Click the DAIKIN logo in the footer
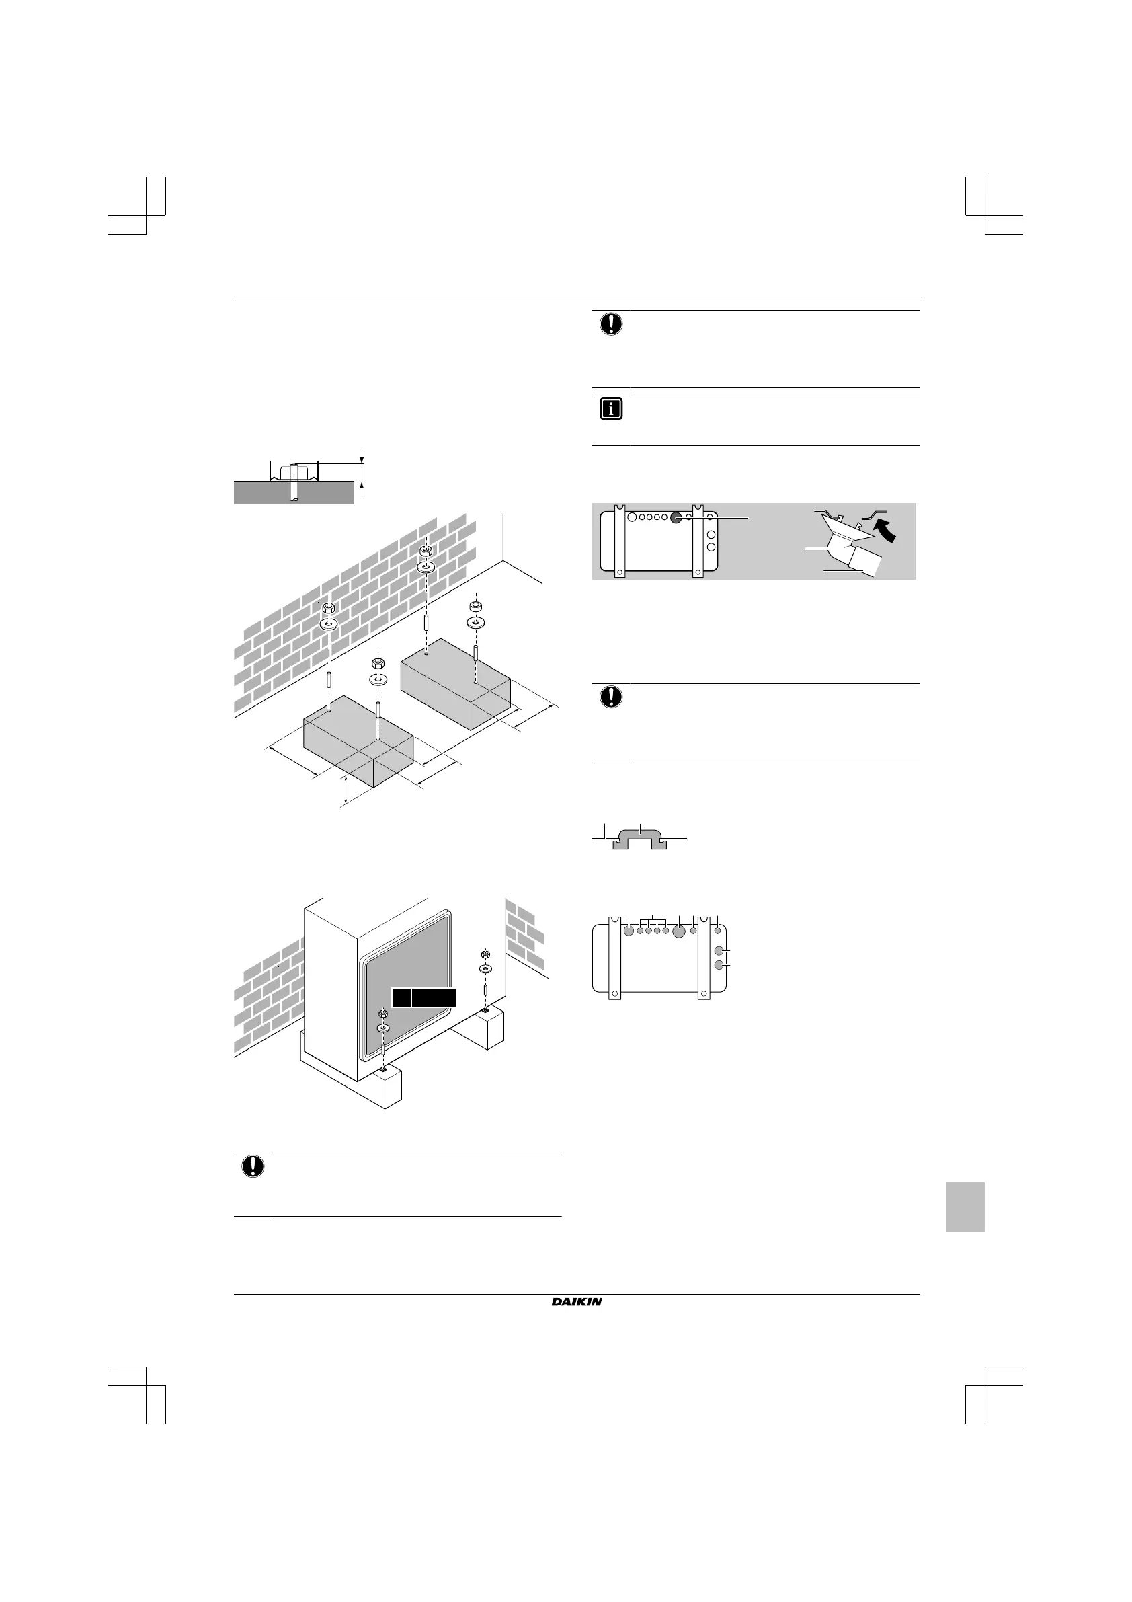pos(576,1301)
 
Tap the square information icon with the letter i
pos(610,410)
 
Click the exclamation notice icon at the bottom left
pos(253,1166)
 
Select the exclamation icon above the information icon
pos(611,323)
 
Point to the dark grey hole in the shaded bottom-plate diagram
pos(676,518)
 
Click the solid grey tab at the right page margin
pos(965,1207)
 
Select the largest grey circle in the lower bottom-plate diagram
pos(679,931)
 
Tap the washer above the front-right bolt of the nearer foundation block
pos(377,679)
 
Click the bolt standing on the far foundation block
pos(475,655)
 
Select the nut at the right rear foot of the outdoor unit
pos(485,954)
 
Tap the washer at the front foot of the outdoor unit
pos(383,1028)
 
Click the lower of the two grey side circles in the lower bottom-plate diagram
pos(720,965)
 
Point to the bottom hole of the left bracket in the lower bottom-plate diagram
pos(614,992)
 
